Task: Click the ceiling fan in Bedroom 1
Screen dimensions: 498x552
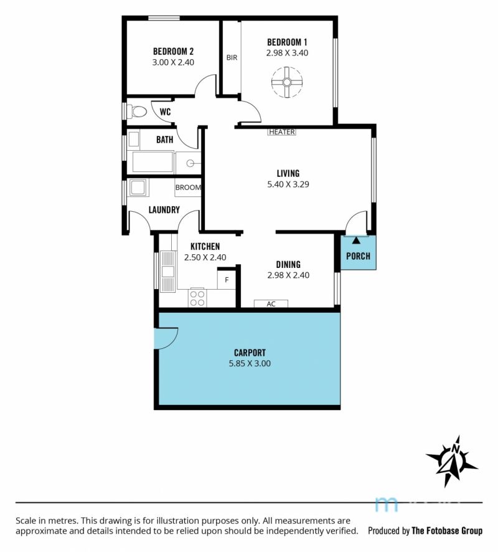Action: pyautogui.click(x=286, y=82)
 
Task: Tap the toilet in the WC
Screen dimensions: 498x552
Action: pyautogui.click(x=137, y=112)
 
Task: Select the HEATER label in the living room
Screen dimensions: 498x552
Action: pyautogui.click(x=282, y=132)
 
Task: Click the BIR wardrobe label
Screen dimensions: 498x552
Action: pyautogui.click(x=232, y=57)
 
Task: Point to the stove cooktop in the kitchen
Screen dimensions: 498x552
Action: pyautogui.click(x=197, y=298)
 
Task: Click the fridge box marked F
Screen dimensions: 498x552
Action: pyautogui.click(x=227, y=280)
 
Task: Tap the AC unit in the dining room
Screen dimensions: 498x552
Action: pyautogui.click(x=271, y=304)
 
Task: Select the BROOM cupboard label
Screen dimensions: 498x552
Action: pyautogui.click(x=188, y=188)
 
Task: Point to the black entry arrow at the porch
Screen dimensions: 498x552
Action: pyautogui.click(x=356, y=240)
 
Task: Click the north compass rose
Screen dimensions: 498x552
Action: pyautogui.click(x=451, y=461)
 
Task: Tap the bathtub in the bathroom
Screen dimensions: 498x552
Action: pyautogui.click(x=153, y=162)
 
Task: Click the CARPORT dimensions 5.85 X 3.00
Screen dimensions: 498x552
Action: pyautogui.click(x=250, y=363)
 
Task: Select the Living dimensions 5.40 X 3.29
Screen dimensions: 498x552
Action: pyautogui.click(x=288, y=184)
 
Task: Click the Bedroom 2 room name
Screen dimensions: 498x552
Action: pyautogui.click(x=173, y=51)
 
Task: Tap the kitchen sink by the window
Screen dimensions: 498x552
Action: pyautogui.click(x=167, y=272)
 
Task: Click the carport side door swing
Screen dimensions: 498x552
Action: pyautogui.click(x=166, y=338)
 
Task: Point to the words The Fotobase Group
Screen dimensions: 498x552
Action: pyautogui.click(x=447, y=531)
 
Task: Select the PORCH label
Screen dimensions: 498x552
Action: pyautogui.click(x=358, y=256)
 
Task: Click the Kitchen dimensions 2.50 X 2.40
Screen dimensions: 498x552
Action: pyautogui.click(x=205, y=257)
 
